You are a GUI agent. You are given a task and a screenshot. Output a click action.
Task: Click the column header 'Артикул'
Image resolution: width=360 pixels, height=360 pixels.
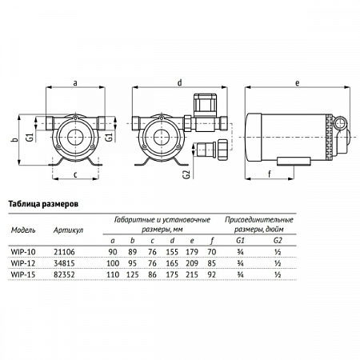click(67, 229)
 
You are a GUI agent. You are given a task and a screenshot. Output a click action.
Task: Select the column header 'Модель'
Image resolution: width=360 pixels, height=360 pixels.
click(23, 229)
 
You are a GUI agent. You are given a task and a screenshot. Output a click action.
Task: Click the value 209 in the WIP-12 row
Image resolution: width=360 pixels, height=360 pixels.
click(190, 262)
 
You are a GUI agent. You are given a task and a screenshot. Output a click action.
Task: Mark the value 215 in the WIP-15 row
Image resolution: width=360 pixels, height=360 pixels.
click(190, 274)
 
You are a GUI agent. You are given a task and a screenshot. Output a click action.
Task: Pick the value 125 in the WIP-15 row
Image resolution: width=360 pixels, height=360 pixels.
click(134, 274)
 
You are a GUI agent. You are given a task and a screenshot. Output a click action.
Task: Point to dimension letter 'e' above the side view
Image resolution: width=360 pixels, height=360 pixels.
click(297, 82)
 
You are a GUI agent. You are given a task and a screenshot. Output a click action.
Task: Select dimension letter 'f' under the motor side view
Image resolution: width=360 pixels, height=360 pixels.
click(269, 172)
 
